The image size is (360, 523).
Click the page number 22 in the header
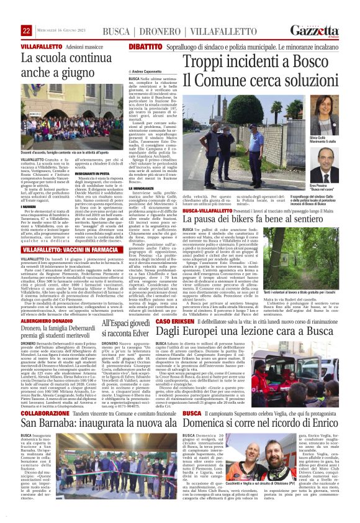(x=27, y=30)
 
